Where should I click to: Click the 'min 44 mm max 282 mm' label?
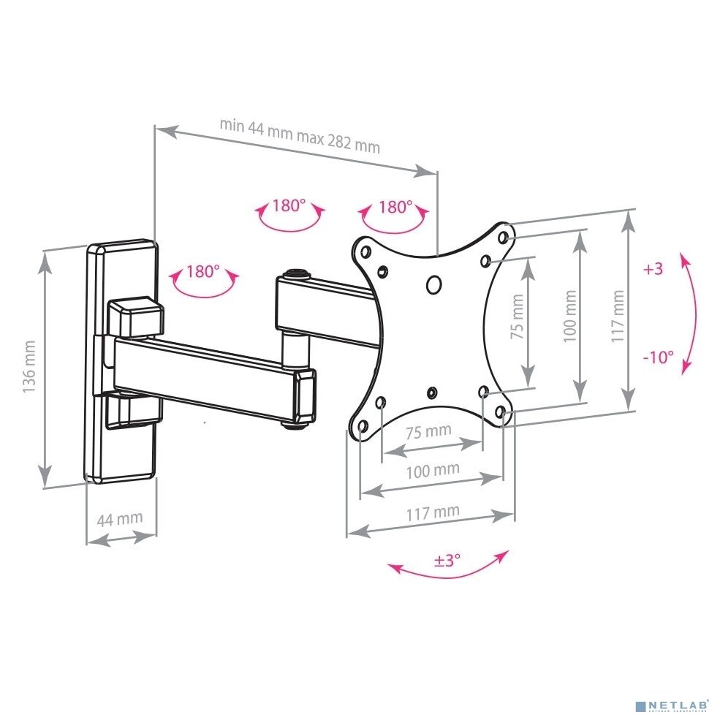point(300,135)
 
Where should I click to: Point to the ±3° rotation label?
point(447,561)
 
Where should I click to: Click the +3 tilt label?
point(653,269)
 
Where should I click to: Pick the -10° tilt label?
point(658,357)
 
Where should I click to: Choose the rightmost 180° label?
point(395,207)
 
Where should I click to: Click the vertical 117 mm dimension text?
point(618,317)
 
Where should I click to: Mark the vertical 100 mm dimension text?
point(570,316)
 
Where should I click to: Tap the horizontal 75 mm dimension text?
point(428,431)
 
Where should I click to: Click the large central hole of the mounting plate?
point(433,284)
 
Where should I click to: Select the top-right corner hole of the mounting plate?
point(503,237)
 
